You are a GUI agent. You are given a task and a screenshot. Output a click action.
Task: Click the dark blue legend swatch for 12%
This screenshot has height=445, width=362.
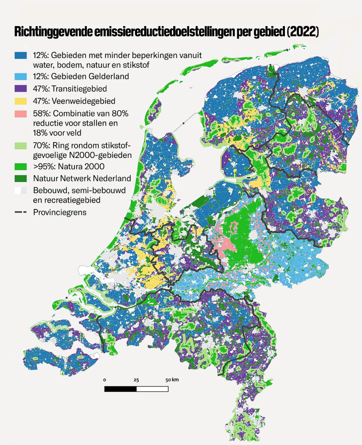coord(21,55)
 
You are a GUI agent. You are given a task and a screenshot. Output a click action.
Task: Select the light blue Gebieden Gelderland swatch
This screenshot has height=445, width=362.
coord(21,76)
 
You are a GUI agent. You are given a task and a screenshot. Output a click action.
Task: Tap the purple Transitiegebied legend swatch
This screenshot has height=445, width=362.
coord(21,88)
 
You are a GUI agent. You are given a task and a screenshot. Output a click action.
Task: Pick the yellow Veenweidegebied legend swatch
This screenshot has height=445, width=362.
coord(21,101)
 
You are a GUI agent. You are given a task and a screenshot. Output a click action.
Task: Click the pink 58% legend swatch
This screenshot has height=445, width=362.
coord(21,113)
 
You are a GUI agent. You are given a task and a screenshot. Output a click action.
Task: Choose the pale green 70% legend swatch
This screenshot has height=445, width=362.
coord(21,145)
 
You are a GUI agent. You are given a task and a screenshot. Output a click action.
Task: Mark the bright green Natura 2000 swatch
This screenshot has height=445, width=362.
coord(21,167)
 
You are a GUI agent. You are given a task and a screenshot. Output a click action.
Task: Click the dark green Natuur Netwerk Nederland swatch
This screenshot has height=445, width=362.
coord(21,178)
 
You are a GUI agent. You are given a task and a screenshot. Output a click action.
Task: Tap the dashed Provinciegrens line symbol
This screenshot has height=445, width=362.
coord(21,212)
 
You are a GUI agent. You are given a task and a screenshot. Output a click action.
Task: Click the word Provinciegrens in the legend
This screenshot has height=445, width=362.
coord(60,212)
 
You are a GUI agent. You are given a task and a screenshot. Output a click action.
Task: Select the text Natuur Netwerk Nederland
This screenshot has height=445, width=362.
coord(82,178)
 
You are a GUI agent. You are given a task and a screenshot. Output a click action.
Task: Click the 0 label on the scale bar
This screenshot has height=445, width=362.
coord(105,380)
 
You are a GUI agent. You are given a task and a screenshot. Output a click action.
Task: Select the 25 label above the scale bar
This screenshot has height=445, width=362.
coord(136,380)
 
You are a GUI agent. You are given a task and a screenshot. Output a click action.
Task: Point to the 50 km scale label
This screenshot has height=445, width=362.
coord(172,380)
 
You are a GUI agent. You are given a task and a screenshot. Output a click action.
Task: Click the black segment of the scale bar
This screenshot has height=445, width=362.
coord(120,389)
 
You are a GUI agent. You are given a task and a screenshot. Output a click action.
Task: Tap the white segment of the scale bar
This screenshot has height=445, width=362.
coord(152,389)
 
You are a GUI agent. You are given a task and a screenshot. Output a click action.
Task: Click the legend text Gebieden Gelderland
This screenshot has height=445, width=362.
coord(89,76)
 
